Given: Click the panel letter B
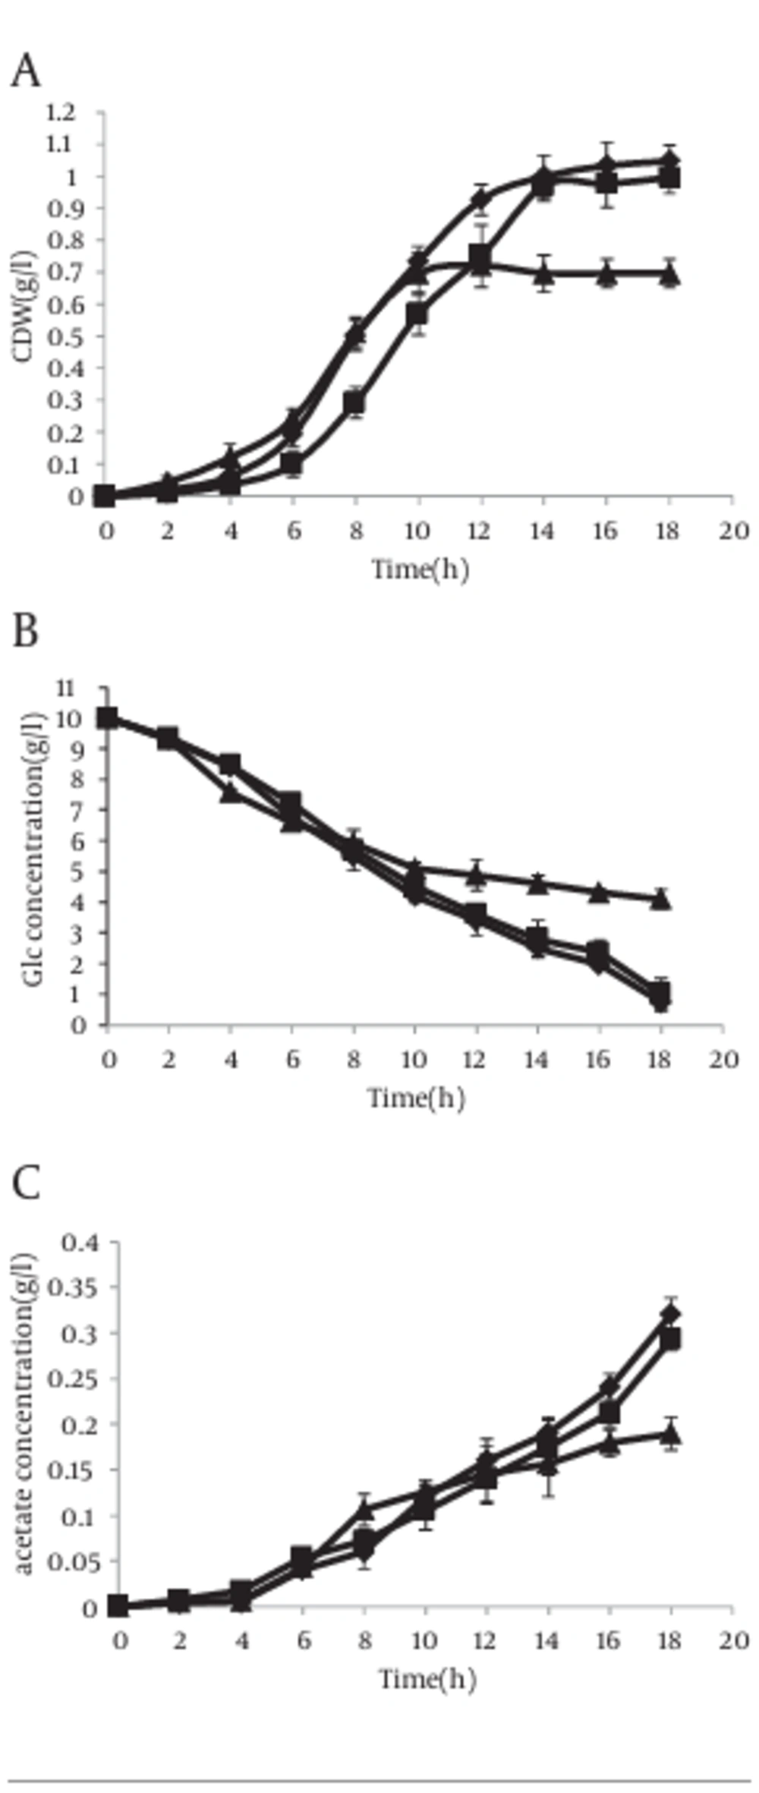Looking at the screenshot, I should (25, 630).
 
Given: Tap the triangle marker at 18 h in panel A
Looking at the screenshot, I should (669, 274).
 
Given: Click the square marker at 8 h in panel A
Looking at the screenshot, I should (354, 403).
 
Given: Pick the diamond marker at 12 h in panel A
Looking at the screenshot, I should (480, 200).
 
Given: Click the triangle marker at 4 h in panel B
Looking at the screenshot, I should (231, 793).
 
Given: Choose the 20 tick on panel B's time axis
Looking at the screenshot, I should (723, 1059).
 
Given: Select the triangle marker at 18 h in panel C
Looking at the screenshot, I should (669, 1434).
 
